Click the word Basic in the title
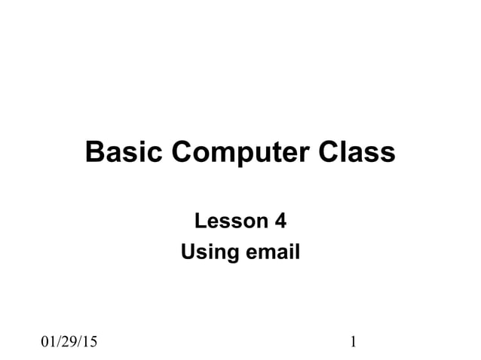125,152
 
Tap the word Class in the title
355,152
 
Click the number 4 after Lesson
280,221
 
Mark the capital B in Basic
96,152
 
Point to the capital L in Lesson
201,221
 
